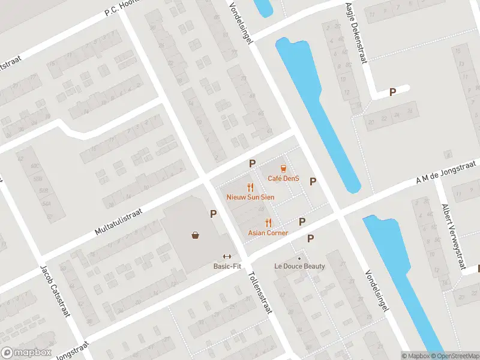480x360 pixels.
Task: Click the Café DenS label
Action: (x=283, y=178)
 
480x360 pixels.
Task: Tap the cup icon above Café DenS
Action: (x=283, y=169)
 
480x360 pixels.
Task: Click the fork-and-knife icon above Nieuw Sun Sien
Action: (x=251, y=187)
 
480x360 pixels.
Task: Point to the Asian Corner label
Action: (x=268, y=233)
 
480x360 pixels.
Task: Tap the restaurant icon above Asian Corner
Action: (x=268, y=223)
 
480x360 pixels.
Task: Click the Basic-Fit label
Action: (x=227, y=266)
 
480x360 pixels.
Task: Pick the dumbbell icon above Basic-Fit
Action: (x=227, y=256)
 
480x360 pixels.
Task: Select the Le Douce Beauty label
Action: (x=299, y=266)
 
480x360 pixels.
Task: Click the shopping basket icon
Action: (x=196, y=235)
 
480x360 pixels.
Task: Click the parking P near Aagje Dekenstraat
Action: (x=393, y=92)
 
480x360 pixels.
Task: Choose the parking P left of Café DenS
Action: (x=253, y=163)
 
